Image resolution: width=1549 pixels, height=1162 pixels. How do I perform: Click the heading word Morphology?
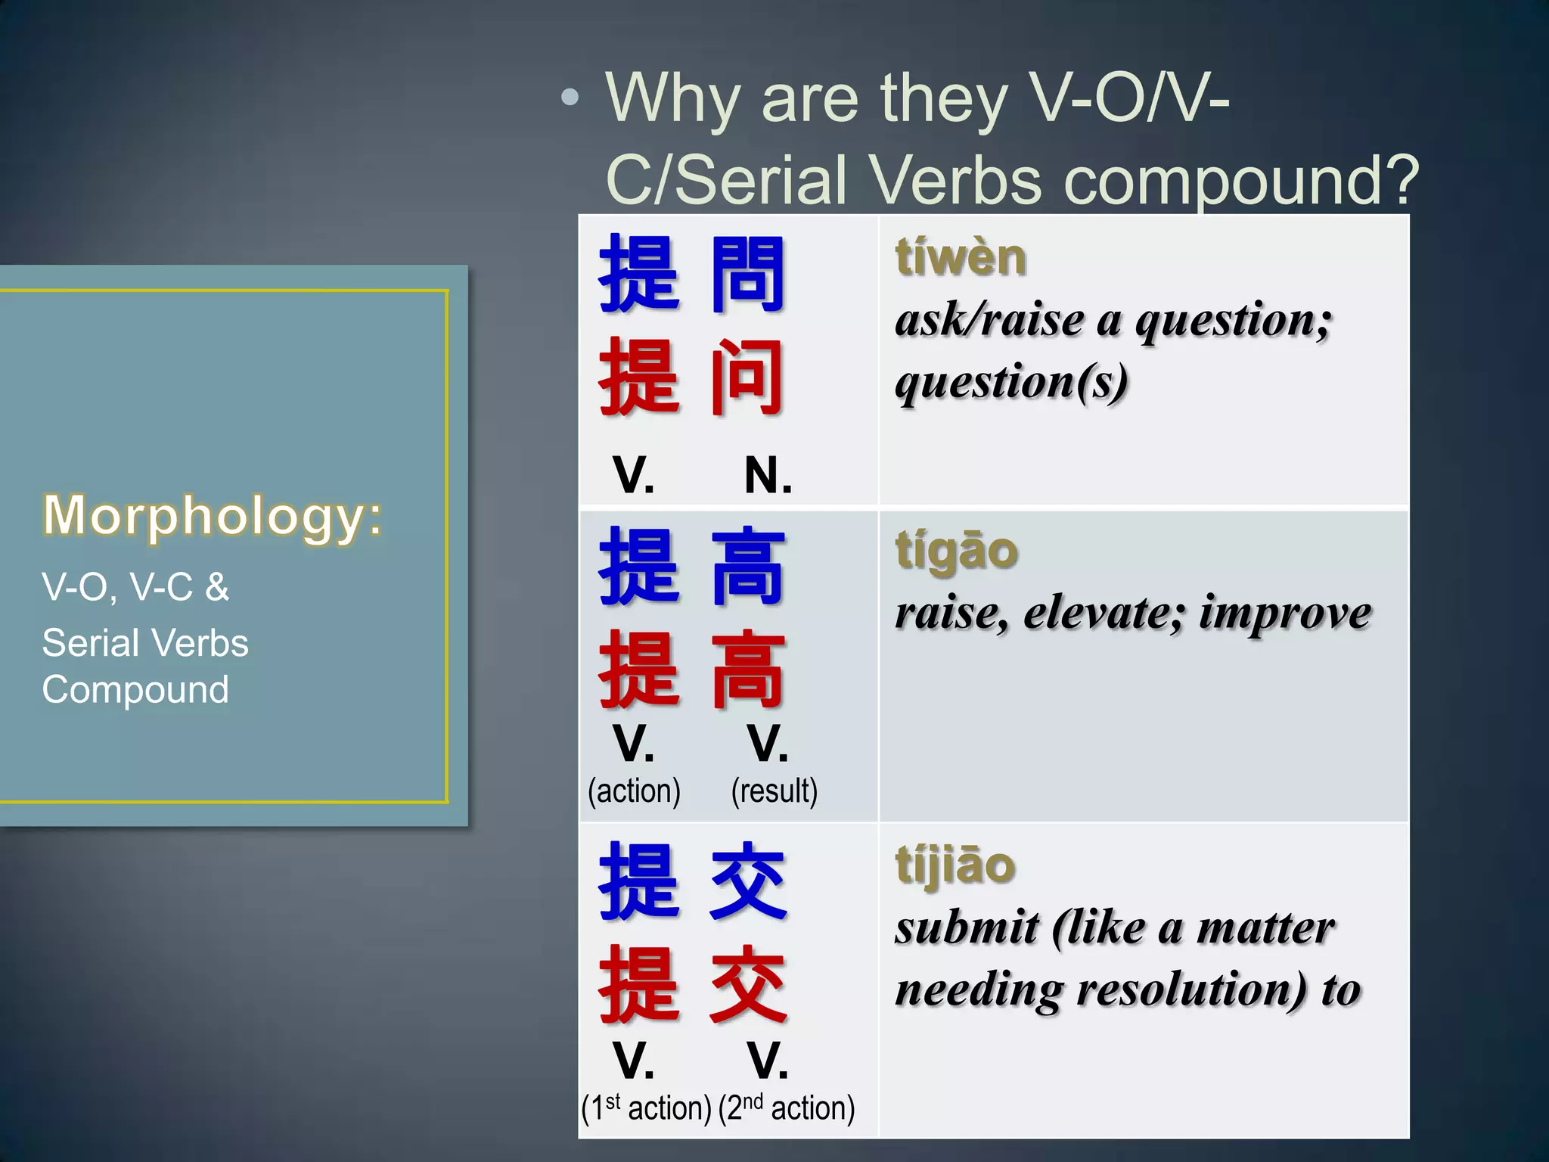(213, 516)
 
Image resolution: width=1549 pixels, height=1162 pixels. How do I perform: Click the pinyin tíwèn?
(961, 257)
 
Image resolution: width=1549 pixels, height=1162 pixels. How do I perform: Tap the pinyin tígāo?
(957, 550)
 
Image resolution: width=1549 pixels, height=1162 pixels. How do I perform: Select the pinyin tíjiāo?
(955, 865)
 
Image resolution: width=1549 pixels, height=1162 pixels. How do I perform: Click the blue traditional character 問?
(747, 274)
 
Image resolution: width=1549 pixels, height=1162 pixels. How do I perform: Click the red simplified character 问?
(747, 377)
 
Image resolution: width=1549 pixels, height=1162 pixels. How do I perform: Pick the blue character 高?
(748, 567)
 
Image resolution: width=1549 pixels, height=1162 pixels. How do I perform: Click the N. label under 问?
(768, 476)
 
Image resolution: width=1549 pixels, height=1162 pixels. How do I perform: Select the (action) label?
(634, 791)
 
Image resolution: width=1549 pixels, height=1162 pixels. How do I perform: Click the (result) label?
(774, 791)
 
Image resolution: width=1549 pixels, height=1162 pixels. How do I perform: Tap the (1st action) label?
(646, 1108)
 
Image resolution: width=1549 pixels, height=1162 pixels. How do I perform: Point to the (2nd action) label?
(787, 1108)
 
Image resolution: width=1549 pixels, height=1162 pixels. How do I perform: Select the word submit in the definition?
(965, 928)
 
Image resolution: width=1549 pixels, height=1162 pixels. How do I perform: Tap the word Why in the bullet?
(673, 98)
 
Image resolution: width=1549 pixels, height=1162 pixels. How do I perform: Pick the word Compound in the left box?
(135, 690)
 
